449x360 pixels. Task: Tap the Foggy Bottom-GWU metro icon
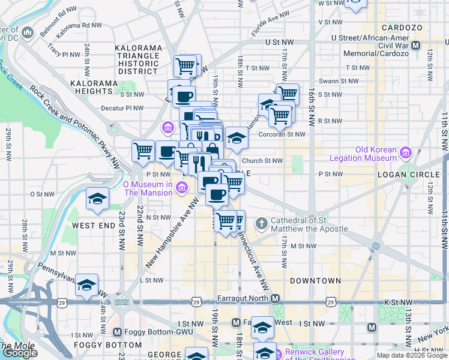point(117,332)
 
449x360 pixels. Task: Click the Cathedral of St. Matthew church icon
point(261,224)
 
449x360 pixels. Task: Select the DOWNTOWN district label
point(315,280)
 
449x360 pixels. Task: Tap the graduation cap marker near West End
point(96,199)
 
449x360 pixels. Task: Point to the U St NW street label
point(283,43)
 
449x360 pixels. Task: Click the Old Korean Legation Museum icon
point(407,154)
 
